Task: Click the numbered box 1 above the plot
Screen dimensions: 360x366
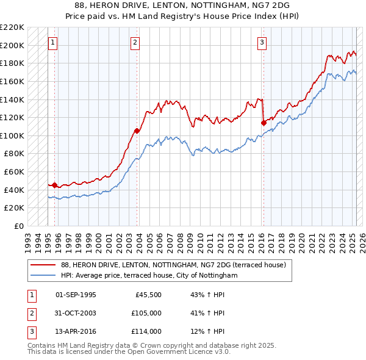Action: (x=53, y=43)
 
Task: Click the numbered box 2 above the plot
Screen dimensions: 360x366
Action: (x=134, y=43)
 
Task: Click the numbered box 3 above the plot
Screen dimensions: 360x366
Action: (x=261, y=43)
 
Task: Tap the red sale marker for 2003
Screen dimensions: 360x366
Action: (x=137, y=130)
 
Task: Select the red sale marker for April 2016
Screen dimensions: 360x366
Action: (x=264, y=122)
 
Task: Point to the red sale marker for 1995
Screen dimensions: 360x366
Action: (x=55, y=184)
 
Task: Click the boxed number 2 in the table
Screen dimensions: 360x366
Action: (x=30, y=313)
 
